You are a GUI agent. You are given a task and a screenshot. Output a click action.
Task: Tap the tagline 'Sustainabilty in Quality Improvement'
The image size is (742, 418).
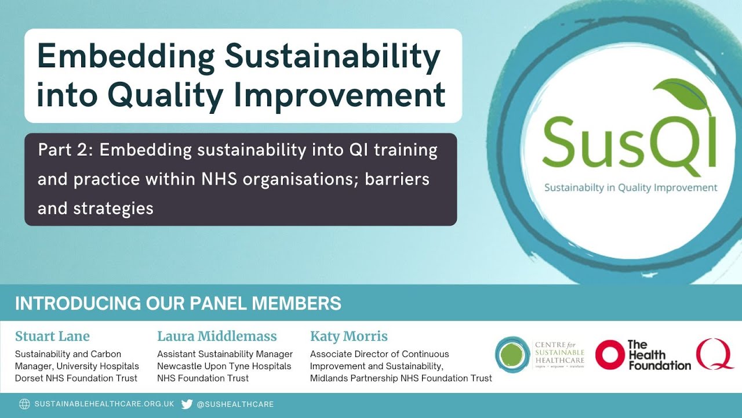point(630,188)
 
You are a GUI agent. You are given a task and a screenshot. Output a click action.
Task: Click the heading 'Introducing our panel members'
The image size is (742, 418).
point(178,303)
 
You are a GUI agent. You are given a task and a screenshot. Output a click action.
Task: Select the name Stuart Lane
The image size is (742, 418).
point(52,336)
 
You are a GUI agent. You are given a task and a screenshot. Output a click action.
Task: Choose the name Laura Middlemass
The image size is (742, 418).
point(217,336)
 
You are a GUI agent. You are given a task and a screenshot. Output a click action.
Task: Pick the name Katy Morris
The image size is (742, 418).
point(349,336)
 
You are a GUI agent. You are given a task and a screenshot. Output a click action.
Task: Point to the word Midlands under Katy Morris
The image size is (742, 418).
point(330,378)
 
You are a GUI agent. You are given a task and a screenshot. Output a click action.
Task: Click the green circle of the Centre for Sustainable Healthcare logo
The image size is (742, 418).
point(512,354)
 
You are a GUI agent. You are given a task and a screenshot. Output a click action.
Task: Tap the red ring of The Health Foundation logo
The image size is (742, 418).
point(609,354)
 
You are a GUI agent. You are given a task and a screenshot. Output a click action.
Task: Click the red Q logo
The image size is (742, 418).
point(715,354)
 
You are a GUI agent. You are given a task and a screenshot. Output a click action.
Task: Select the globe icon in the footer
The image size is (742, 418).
point(24,404)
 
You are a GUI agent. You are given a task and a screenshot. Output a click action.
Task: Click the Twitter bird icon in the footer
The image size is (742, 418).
point(187,404)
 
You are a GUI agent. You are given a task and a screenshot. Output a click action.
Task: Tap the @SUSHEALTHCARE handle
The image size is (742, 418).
point(235,404)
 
